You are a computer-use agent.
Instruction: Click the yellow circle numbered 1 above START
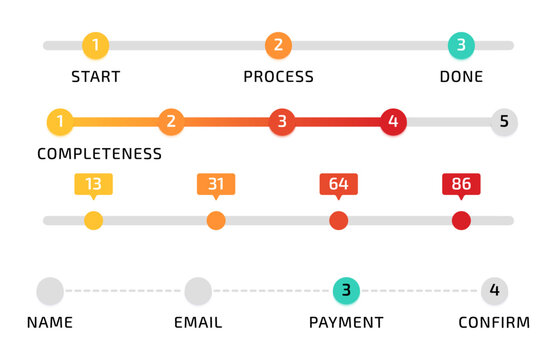tap(95, 45)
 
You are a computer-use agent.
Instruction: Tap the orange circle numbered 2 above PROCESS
tap(278, 45)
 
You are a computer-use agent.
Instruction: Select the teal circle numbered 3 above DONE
tap(461, 45)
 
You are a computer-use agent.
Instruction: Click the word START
tap(95, 77)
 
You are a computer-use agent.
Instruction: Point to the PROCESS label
tap(278, 77)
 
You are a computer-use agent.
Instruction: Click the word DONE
tap(461, 77)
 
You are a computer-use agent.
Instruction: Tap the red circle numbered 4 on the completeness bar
tap(393, 122)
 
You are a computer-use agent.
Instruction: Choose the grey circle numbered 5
tap(504, 122)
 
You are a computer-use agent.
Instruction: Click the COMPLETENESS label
tap(99, 154)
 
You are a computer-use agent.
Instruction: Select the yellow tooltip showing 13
tap(93, 184)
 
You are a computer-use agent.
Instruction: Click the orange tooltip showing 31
tap(216, 184)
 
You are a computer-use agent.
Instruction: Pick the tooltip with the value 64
tap(338, 184)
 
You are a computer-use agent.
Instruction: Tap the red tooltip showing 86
tap(461, 184)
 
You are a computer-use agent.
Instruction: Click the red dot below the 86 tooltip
tap(461, 220)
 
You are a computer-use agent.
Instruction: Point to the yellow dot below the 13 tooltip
tap(93, 220)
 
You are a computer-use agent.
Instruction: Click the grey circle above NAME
tap(50, 291)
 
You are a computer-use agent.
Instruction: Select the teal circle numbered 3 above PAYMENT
tap(346, 291)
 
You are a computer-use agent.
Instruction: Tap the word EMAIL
tap(198, 323)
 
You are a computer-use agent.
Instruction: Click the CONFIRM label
tap(494, 323)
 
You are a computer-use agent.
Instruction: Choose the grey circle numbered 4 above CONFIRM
tap(494, 291)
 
